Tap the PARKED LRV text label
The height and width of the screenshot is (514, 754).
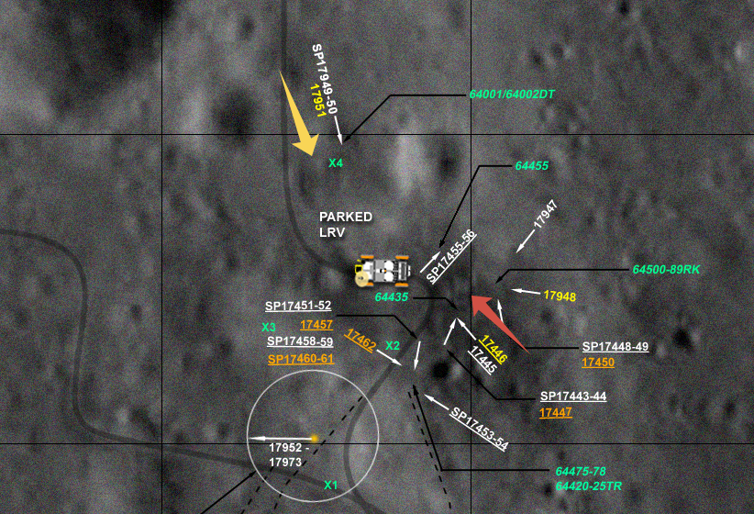tap(346, 224)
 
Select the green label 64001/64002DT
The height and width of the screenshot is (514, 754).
tap(513, 95)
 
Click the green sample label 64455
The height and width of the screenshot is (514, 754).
tap(532, 166)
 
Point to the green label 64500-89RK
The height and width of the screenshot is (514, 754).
tap(666, 270)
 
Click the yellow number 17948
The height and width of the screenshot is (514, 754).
tap(560, 296)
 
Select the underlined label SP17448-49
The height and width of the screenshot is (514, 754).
tap(615, 347)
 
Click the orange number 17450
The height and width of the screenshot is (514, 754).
tap(598, 363)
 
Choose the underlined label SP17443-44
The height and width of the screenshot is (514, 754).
tap(573, 397)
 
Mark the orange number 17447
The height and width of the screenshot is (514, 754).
tap(556, 413)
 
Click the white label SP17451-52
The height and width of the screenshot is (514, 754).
tap(298, 307)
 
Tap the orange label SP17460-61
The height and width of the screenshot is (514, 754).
tap(301, 359)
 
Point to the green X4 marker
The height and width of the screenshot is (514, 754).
tap(336, 163)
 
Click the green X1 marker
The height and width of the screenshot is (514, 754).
tap(331, 485)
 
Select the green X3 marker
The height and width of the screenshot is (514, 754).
tap(269, 327)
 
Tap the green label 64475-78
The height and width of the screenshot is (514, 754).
tap(581, 470)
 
